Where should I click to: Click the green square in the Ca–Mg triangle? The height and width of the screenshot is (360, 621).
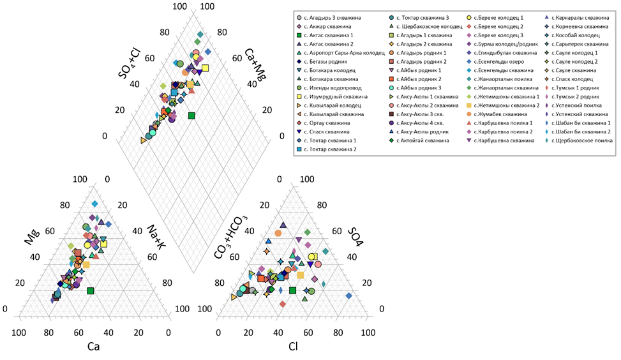tap(91, 291)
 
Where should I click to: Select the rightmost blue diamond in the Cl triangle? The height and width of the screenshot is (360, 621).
tap(348, 296)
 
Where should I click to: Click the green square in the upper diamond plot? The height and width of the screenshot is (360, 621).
tap(191, 116)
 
